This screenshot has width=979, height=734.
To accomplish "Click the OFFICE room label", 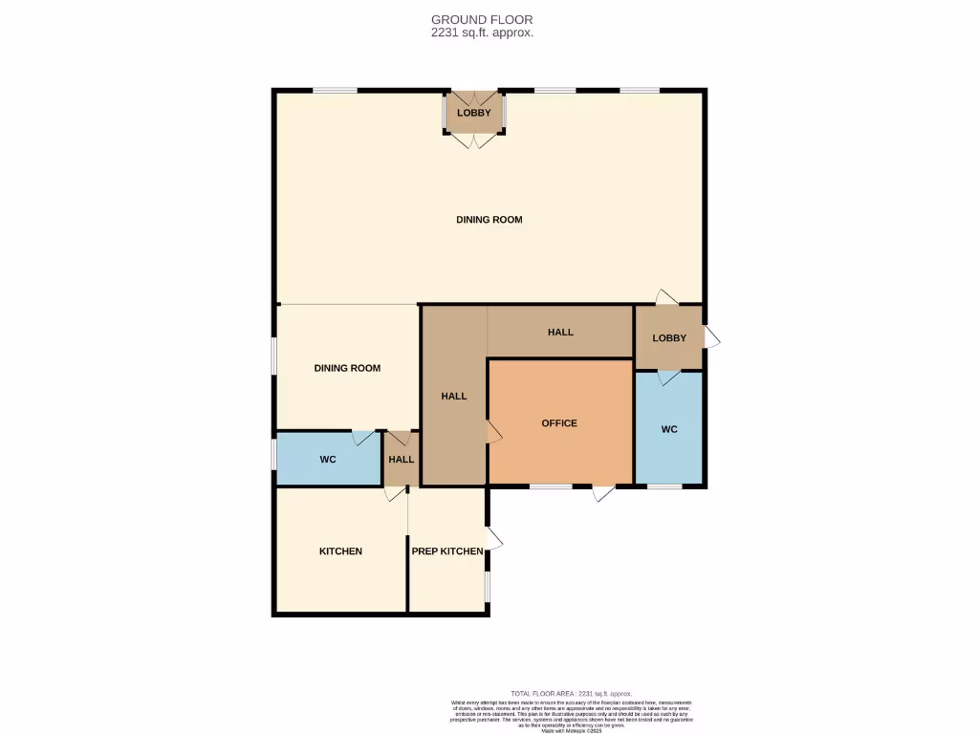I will click(x=559, y=423).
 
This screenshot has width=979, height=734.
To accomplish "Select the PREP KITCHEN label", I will click(x=446, y=551).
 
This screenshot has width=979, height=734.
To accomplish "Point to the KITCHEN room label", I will click(x=340, y=551).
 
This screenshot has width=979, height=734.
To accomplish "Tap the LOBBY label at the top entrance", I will click(x=473, y=113).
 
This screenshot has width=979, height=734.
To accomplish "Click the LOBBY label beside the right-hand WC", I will click(x=669, y=338).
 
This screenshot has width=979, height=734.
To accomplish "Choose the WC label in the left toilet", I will click(x=328, y=460).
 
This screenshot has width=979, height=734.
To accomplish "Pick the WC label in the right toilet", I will click(x=669, y=430).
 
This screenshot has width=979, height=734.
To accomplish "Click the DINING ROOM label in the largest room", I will click(x=489, y=220).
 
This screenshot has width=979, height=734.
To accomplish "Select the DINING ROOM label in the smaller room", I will click(x=347, y=368).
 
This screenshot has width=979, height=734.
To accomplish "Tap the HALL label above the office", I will click(x=560, y=333).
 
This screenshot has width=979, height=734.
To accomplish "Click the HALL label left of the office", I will click(x=454, y=396).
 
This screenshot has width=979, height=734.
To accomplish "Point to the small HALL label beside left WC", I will click(x=402, y=460).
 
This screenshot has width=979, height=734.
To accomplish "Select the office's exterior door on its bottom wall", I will click(x=602, y=493).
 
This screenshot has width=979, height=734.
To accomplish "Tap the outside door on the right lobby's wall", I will click(x=712, y=337).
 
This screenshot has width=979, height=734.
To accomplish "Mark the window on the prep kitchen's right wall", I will click(x=488, y=587).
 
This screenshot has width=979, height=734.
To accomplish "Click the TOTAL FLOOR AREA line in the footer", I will click(x=571, y=694).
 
